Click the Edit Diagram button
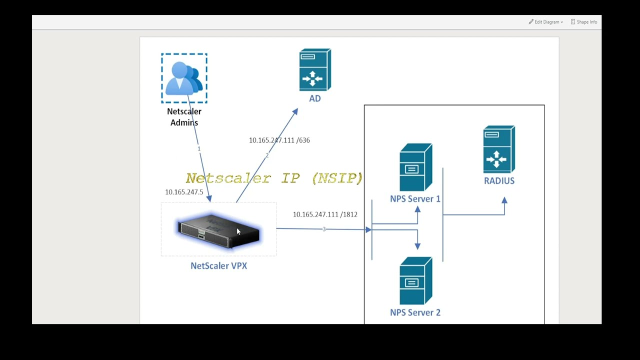pos(546,22)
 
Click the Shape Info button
pos(584,22)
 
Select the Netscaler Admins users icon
pos(184,78)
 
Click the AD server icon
pos(314,70)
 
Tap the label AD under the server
pos(314,98)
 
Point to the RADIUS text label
pos(499,181)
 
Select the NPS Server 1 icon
pos(415,167)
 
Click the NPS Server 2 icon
pos(415,281)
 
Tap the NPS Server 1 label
pos(415,199)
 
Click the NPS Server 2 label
pos(415,312)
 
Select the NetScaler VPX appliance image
pos(218,231)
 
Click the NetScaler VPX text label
pos(218,266)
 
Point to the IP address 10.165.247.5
pos(184,192)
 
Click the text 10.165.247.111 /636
pos(279,140)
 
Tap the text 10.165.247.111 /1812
pos(325,214)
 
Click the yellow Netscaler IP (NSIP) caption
pos(274,178)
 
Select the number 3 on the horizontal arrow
pos(324,229)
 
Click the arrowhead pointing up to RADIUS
pos(504,200)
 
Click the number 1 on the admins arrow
pos(198,149)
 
